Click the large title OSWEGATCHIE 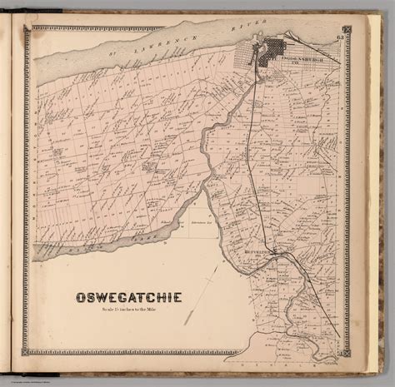[x=130, y=297]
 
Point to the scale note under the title [x=130, y=310]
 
